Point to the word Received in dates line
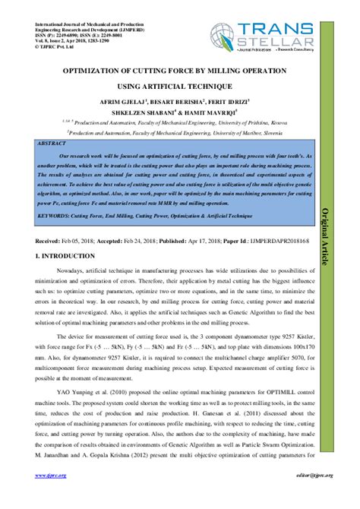52,240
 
